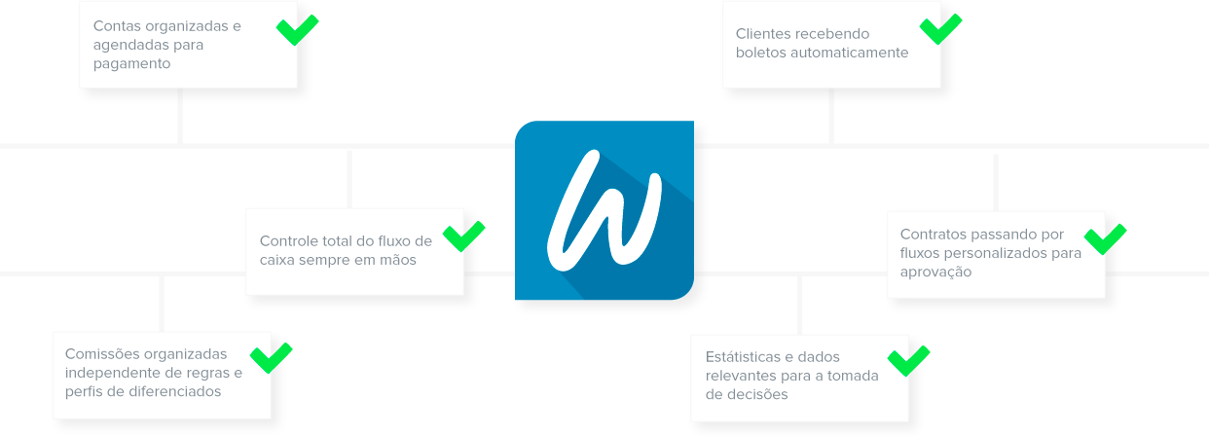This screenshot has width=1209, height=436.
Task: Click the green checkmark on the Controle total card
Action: point(464,236)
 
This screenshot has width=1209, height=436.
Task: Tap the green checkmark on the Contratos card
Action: point(1105,237)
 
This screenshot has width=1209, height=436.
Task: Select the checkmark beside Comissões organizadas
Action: point(272,356)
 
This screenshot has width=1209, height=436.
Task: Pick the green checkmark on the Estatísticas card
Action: point(908,360)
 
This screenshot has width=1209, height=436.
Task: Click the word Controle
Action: point(289,241)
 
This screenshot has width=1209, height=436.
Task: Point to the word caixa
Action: point(278,260)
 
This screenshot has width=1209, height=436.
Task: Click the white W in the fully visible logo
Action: point(604,211)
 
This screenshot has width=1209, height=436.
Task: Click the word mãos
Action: point(399,260)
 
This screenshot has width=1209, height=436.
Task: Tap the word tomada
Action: point(857,376)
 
